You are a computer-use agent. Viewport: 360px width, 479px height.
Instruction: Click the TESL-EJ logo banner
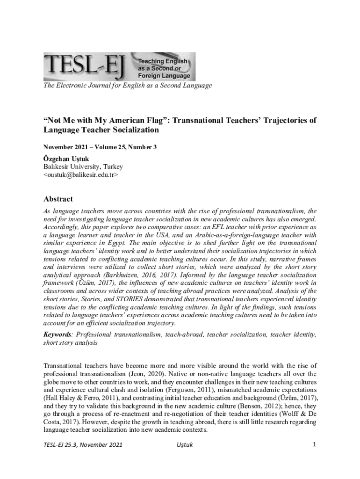(119, 66)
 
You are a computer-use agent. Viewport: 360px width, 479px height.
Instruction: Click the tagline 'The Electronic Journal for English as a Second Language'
(128, 86)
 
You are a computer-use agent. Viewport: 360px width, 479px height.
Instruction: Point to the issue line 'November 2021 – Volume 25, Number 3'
(100, 147)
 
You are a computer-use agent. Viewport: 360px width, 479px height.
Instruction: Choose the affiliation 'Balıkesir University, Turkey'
(83, 167)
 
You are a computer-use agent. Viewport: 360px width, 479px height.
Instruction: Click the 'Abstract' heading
(58, 199)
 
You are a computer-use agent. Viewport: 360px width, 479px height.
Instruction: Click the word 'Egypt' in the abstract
(117, 243)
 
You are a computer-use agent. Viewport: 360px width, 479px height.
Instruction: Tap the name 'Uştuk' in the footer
(182, 445)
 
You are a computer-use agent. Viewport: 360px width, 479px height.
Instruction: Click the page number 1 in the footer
(315, 444)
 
